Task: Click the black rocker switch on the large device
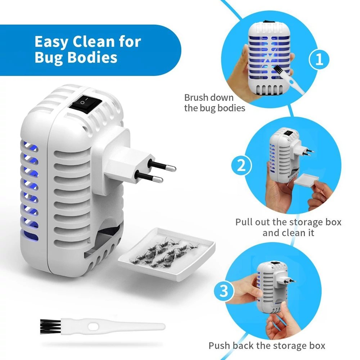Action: click(86, 104)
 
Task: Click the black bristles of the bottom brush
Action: click(50, 327)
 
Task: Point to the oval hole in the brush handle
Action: click(93, 327)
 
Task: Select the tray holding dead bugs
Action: click(167, 254)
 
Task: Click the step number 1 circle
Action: click(319, 59)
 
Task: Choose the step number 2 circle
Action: click(241, 165)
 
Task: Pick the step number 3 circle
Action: click(224, 291)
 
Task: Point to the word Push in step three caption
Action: click(219, 346)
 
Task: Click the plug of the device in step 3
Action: click(285, 280)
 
